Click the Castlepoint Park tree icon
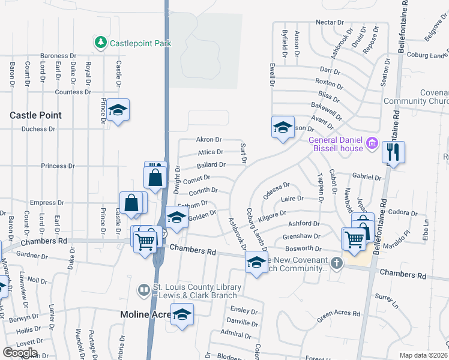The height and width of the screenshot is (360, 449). coord(100,43)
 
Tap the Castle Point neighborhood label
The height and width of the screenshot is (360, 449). coord(35,115)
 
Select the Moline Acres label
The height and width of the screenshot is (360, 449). coord(146,314)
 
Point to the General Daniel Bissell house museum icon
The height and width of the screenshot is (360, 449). coord(372,144)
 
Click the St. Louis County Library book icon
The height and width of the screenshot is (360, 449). coord(144,291)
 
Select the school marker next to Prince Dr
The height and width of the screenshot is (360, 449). coord(118,110)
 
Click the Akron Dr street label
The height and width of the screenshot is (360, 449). coord(209,139)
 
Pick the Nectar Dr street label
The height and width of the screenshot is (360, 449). coord(330,22)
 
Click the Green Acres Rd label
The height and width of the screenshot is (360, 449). coord(339,313)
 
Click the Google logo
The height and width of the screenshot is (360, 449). coord(20,352)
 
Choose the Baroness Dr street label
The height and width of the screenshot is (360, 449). coord(58,56)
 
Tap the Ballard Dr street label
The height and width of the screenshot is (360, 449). coord(211,164)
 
